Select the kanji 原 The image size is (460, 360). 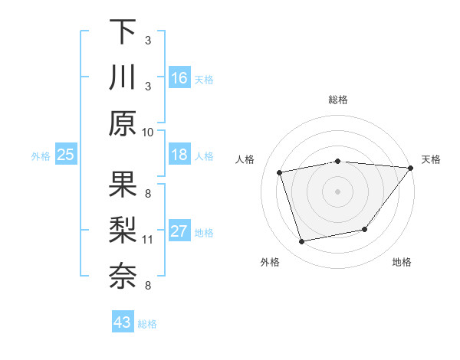tap(123, 123)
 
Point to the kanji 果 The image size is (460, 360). tap(123, 184)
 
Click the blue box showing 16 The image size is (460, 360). tap(179, 78)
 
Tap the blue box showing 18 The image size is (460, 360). tap(179, 155)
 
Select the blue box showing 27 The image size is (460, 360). tap(179, 232)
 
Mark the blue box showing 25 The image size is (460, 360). tap(66, 155)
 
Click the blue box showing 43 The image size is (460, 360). tap(123, 322)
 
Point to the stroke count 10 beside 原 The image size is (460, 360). tap(148, 132)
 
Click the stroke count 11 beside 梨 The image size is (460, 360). tap(148, 240)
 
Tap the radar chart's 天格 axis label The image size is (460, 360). tap(431, 159)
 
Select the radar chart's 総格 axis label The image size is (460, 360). tap(338, 100)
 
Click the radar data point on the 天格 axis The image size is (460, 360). tap(411, 168)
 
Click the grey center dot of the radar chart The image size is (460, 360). tap(338, 191)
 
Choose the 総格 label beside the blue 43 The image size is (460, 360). tap(147, 324)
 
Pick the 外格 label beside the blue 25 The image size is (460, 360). tap(41, 156)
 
